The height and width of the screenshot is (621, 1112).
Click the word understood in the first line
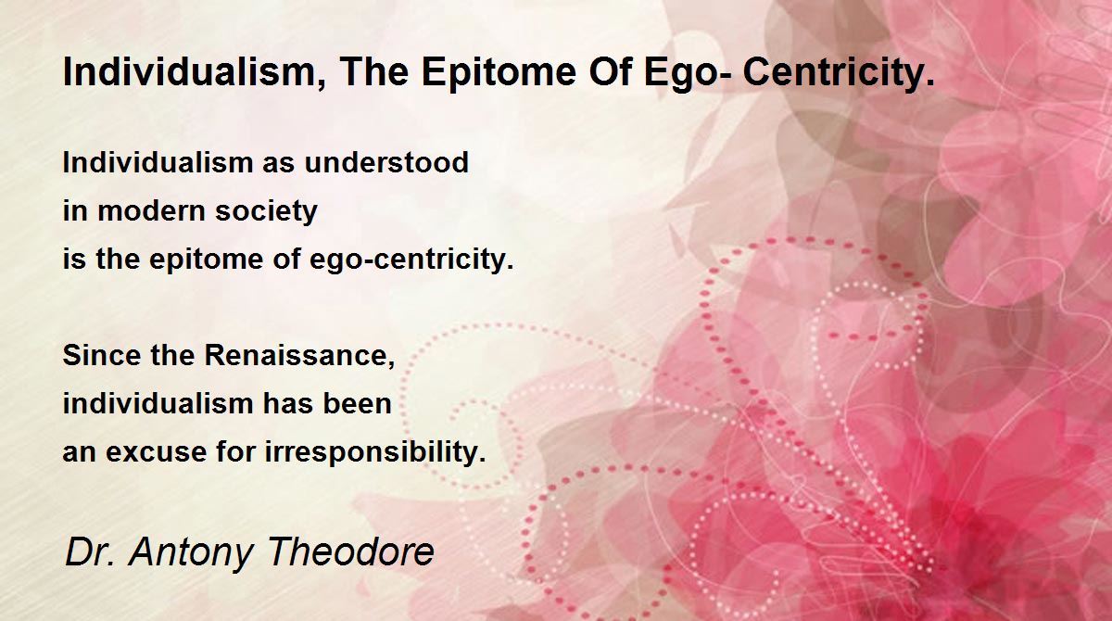[386, 162]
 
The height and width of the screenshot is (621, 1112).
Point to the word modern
[151, 211]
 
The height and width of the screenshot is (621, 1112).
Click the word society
[266, 213]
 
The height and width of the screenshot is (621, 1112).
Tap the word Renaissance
[299, 356]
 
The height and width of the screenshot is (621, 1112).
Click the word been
[358, 403]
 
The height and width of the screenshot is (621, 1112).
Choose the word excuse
[156, 452]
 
